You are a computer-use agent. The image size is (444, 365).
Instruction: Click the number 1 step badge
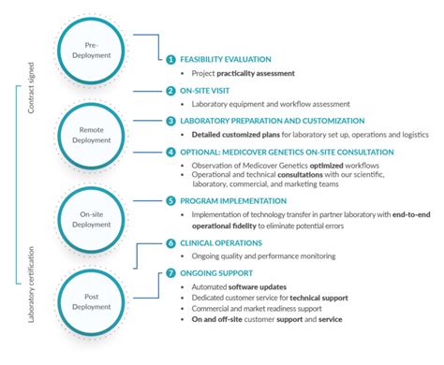(x=170, y=59)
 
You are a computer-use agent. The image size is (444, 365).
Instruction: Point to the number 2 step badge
(x=170, y=91)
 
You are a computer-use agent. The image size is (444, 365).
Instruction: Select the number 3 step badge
(x=170, y=121)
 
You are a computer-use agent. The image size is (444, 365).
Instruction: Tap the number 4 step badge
(x=170, y=151)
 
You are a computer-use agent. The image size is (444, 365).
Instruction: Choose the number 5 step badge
(x=170, y=200)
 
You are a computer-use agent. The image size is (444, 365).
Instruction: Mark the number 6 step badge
(x=170, y=241)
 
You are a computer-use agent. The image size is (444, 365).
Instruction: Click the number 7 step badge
(x=170, y=272)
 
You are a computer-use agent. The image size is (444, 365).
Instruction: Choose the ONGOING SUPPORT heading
(x=216, y=272)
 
